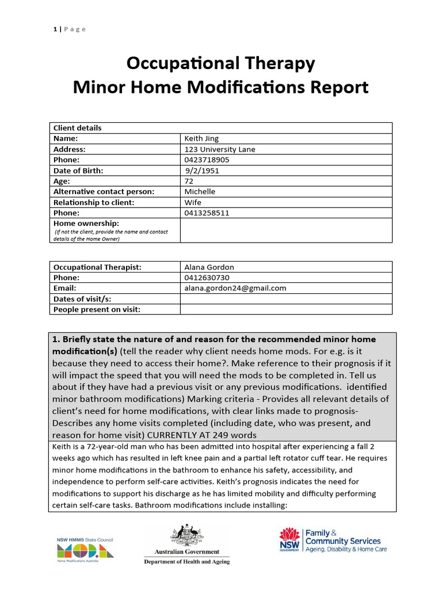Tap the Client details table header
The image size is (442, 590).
(77, 128)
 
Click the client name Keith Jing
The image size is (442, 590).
(201, 138)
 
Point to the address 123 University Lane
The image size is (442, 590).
(219, 149)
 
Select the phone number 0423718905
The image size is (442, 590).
(207, 160)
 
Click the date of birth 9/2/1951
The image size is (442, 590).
(202, 171)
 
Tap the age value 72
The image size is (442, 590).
(189, 181)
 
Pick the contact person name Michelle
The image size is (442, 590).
(200, 191)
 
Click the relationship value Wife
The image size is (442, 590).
(193, 202)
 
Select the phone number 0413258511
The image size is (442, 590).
(207, 213)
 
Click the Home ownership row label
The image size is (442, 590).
(86, 223)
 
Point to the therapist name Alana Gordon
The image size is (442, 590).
(209, 267)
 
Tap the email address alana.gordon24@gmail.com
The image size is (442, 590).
(235, 288)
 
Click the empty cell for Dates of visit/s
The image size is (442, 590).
(286, 298)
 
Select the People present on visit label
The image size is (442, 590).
(97, 309)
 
